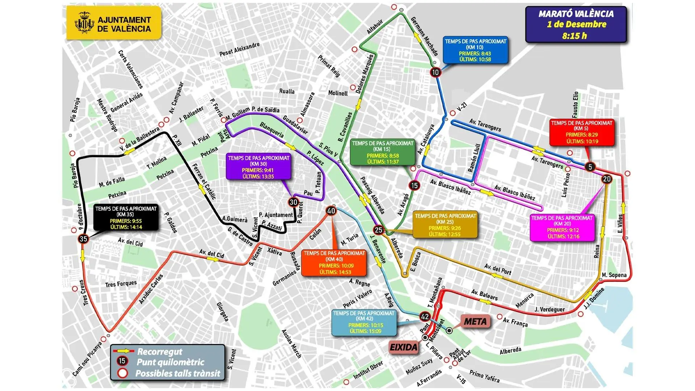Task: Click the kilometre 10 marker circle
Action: click(x=435, y=72)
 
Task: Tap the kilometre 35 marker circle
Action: click(x=83, y=239)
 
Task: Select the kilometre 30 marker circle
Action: click(x=293, y=202)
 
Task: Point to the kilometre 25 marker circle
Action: click(x=378, y=230)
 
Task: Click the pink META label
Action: click(x=475, y=321)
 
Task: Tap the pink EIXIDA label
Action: click(x=403, y=348)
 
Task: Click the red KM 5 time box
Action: click(x=582, y=132)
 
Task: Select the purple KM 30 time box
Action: click(x=258, y=167)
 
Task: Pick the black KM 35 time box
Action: click(x=126, y=218)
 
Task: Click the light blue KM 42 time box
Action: click(x=364, y=322)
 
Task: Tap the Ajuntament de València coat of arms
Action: click(x=84, y=23)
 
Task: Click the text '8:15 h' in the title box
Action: click(x=574, y=36)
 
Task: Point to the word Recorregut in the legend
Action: click(x=160, y=352)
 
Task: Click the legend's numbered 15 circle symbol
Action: click(x=122, y=361)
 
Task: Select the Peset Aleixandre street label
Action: click(x=239, y=49)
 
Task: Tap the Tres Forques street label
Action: click(x=121, y=284)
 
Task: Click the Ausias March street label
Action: click(x=291, y=343)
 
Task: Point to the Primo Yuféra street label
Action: click(x=484, y=377)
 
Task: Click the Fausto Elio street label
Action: click(x=575, y=105)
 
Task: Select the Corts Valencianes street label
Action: click(x=131, y=69)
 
